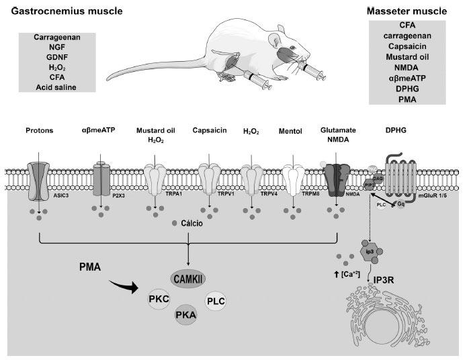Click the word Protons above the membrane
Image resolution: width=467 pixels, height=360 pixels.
click(x=40, y=130)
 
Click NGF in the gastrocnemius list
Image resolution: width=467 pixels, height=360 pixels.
click(x=57, y=48)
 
